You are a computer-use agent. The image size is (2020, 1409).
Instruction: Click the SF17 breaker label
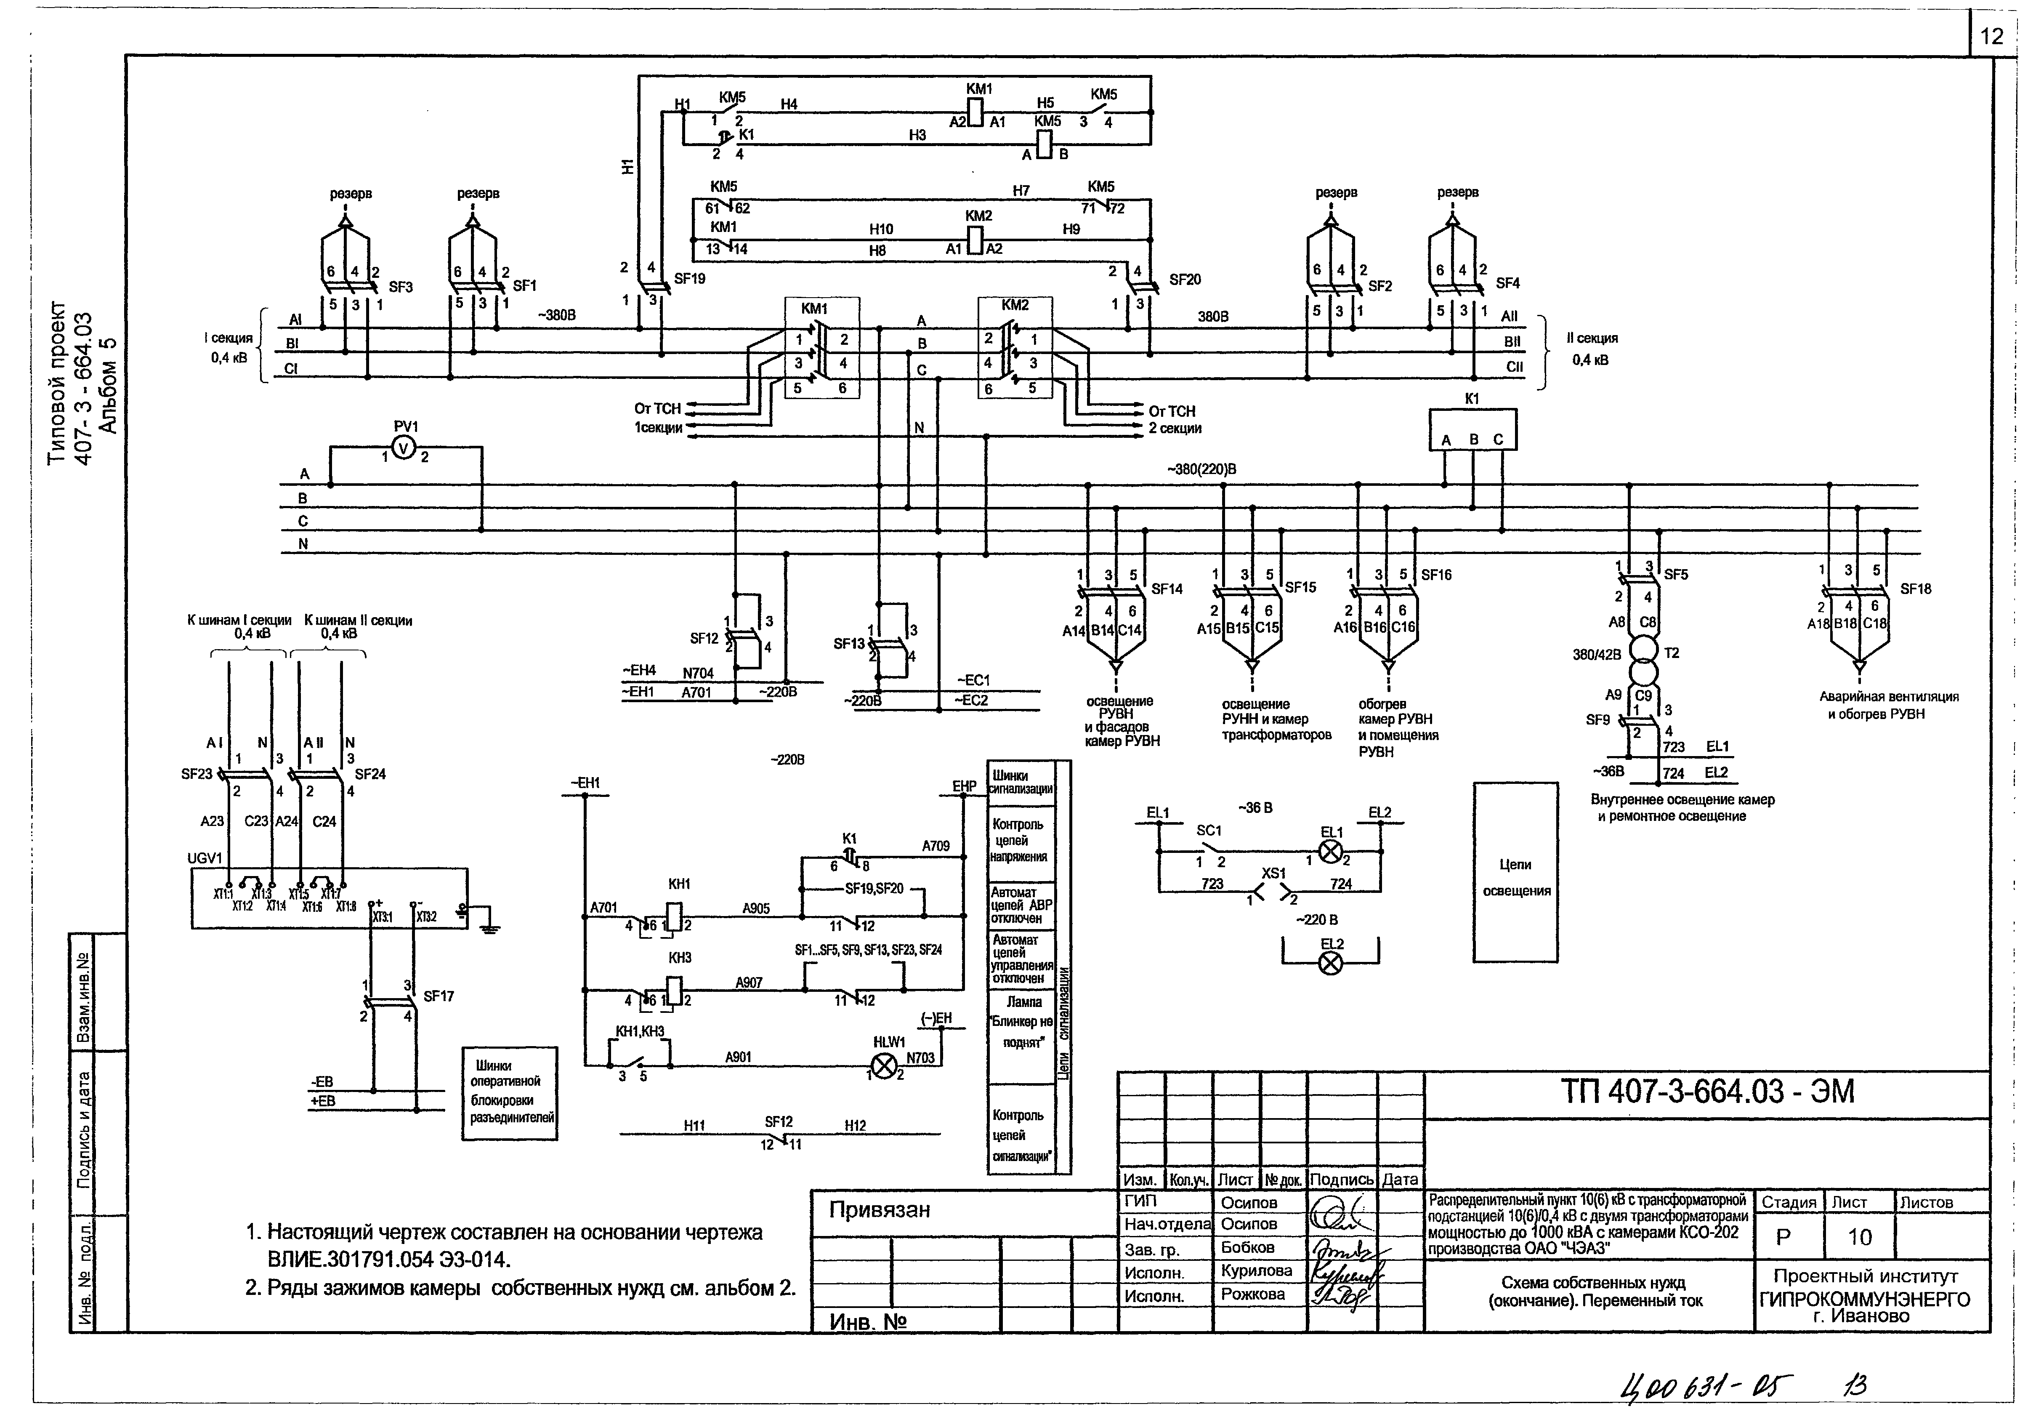coord(438,996)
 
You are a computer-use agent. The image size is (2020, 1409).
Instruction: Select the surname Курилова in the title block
coord(1256,1271)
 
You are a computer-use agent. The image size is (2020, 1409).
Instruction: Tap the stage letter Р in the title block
coord(1783,1236)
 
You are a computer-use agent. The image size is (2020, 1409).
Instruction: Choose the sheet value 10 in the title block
coord(1859,1236)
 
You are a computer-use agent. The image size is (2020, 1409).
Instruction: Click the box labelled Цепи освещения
coord(1515,872)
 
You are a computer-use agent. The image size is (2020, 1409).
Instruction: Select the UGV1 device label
coord(205,858)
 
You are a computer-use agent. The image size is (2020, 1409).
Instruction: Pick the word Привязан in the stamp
coord(879,1210)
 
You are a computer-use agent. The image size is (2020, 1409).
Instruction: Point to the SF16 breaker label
coord(1436,575)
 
